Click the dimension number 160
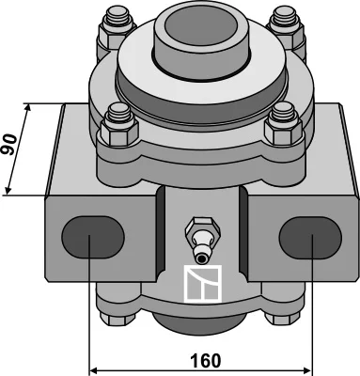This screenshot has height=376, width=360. click(x=206, y=361)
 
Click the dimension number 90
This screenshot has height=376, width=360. click(x=8, y=145)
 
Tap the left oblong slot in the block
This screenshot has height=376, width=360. click(x=93, y=237)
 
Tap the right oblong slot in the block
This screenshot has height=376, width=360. click(x=310, y=238)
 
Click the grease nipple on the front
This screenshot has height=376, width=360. click(x=202, y=240)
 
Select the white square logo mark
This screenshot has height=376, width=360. click(x=203, y=284)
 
